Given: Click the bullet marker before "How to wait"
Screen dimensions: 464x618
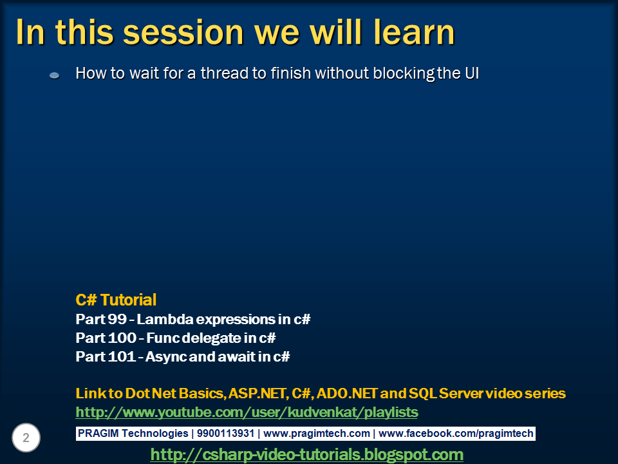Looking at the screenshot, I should [x=55, y=75].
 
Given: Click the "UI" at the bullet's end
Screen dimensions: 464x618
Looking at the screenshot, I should [x=471, y=73].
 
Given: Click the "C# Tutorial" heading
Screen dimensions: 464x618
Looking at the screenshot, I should [x=116, y=300].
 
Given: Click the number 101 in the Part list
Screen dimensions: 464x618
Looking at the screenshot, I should [x=120, y=356].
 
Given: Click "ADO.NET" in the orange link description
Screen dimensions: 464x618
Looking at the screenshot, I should [x=348, y=393].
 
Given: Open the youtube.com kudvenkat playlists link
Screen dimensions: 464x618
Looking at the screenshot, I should [x=247, y=412].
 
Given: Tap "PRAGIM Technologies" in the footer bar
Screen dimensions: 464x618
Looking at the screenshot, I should [x=133, y=434].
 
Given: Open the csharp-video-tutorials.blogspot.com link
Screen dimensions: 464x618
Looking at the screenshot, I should [x=306, y=454].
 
